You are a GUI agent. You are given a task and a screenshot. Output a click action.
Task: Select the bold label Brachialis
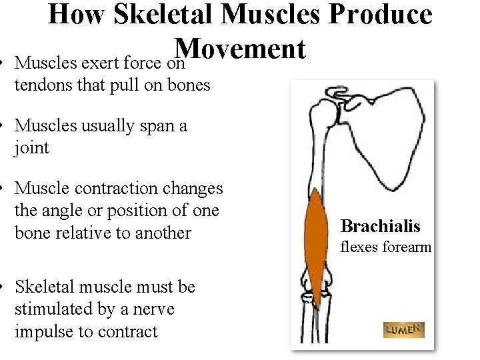(380, 227)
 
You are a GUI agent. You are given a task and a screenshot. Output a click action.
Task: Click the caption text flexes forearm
(386, 247)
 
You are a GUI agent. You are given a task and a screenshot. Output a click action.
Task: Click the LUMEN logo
(403, 329)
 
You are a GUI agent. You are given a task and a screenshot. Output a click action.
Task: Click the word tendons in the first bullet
(39, 85)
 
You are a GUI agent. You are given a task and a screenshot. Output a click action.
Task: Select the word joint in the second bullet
(31, 147)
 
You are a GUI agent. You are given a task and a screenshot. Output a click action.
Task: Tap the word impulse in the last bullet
(43, 332)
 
